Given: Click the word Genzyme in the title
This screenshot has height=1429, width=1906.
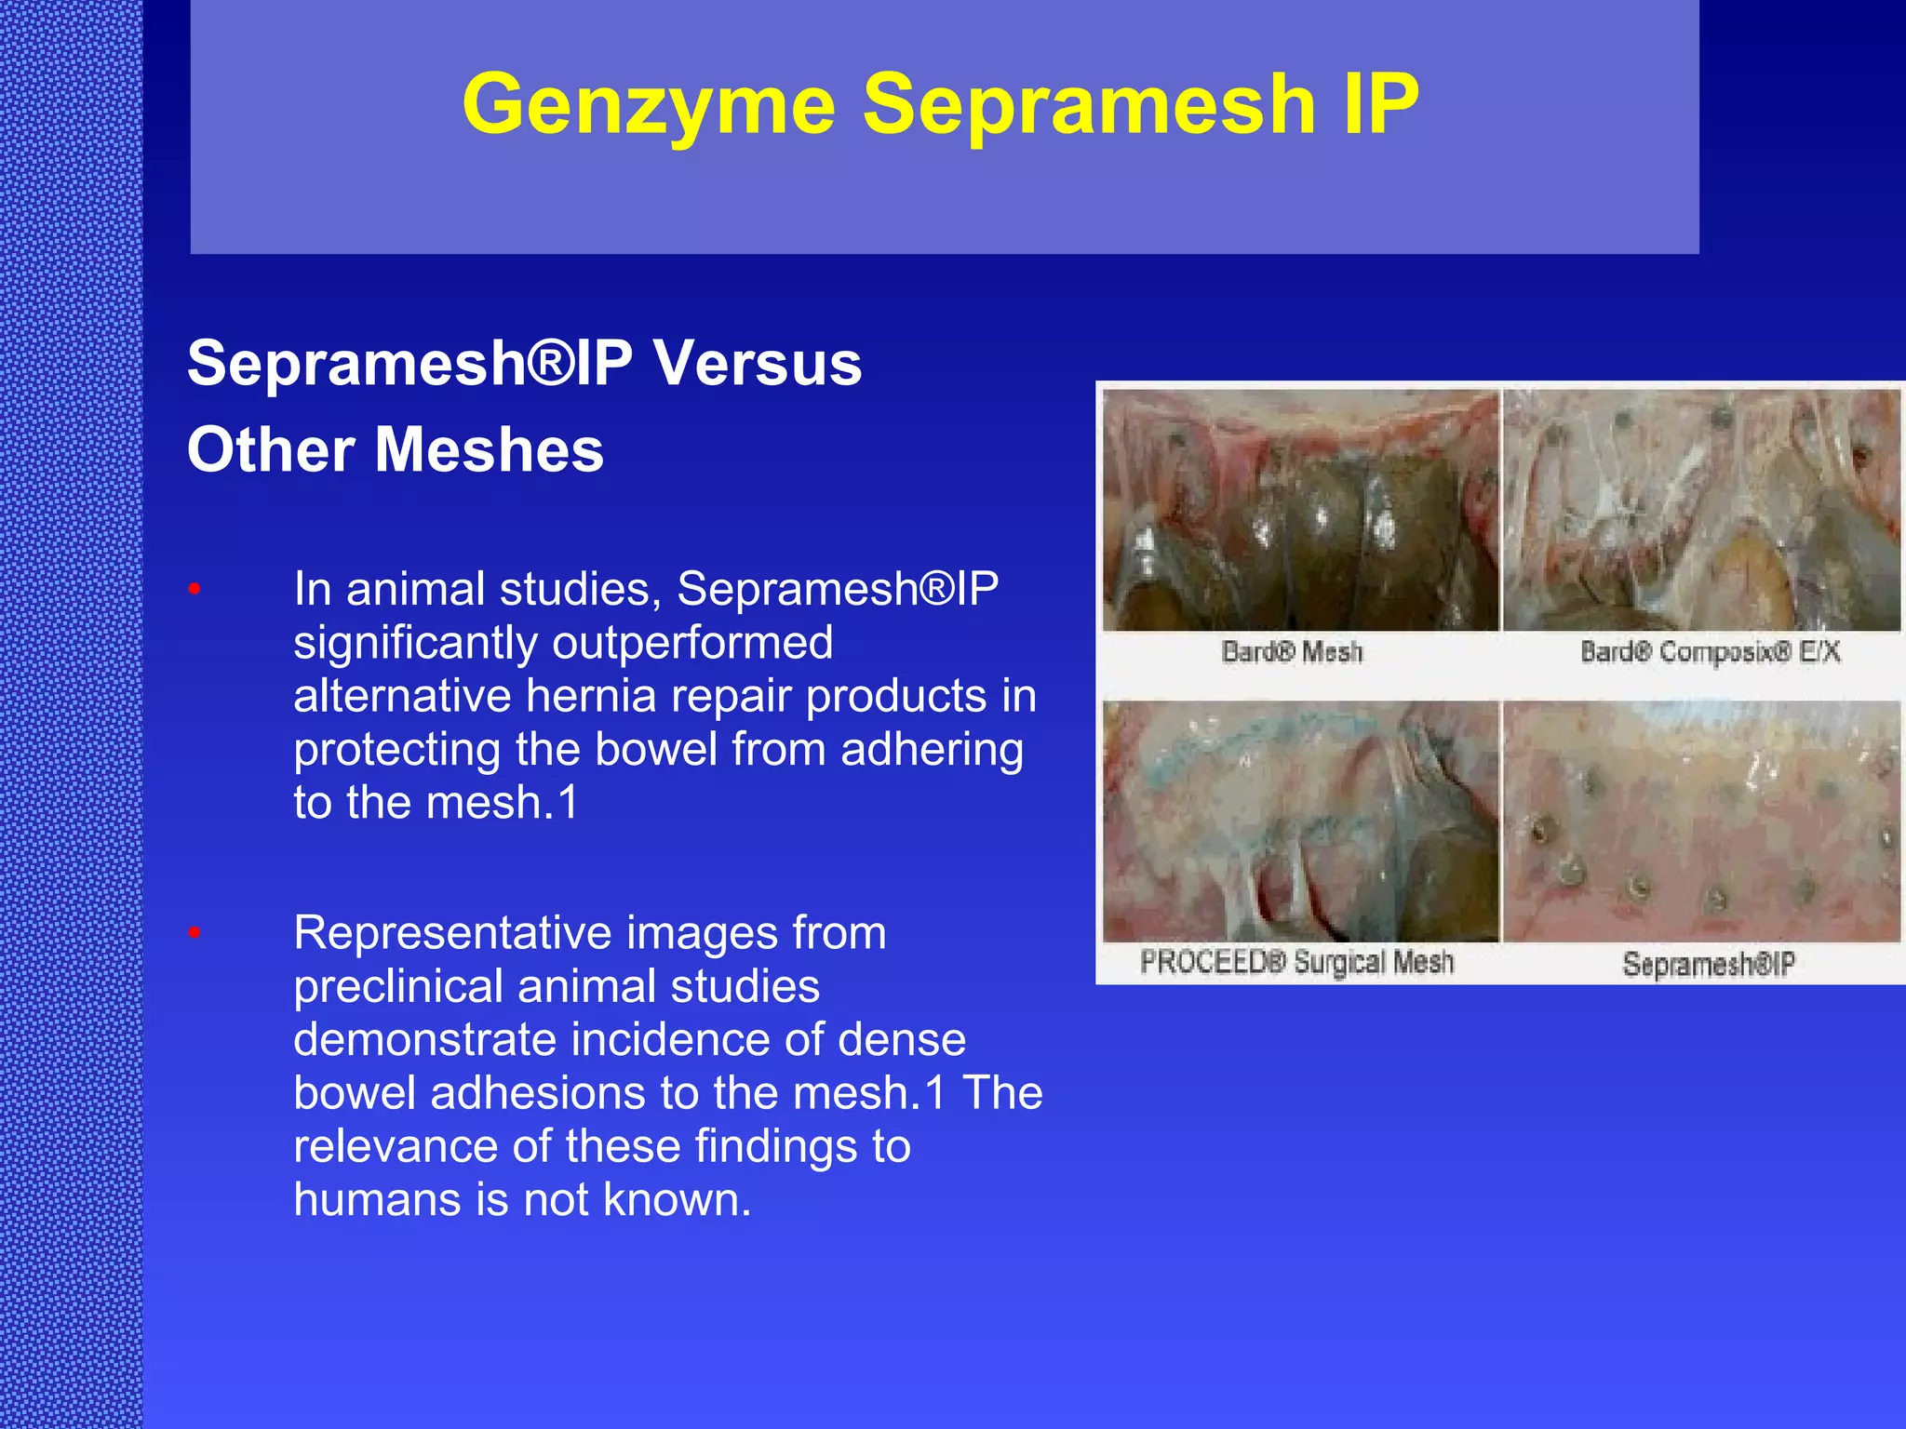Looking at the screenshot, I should [x=649, y=104].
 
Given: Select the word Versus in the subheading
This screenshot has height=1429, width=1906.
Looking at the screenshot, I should [x=758, y=363].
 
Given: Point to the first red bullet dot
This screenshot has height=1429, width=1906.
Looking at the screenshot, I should [x=195, y=588].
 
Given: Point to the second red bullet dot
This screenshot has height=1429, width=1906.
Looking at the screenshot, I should [x=195, y=931].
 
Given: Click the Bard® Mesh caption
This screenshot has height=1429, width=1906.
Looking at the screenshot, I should [x=1292, y=652].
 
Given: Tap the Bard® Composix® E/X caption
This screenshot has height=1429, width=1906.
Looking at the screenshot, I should [x=1711, y=652].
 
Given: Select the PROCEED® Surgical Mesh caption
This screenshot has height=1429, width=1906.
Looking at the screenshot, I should [x=1296, y=962].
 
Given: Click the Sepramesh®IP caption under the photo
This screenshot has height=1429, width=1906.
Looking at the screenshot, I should [x=1709, y=965].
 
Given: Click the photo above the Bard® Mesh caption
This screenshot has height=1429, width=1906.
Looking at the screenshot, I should [x=1301, y=510].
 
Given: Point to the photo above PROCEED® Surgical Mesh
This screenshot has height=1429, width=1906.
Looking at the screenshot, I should [x=1301, y=821].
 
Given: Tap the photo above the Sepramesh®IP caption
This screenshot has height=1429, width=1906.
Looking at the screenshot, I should [x=1701, y=821].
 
